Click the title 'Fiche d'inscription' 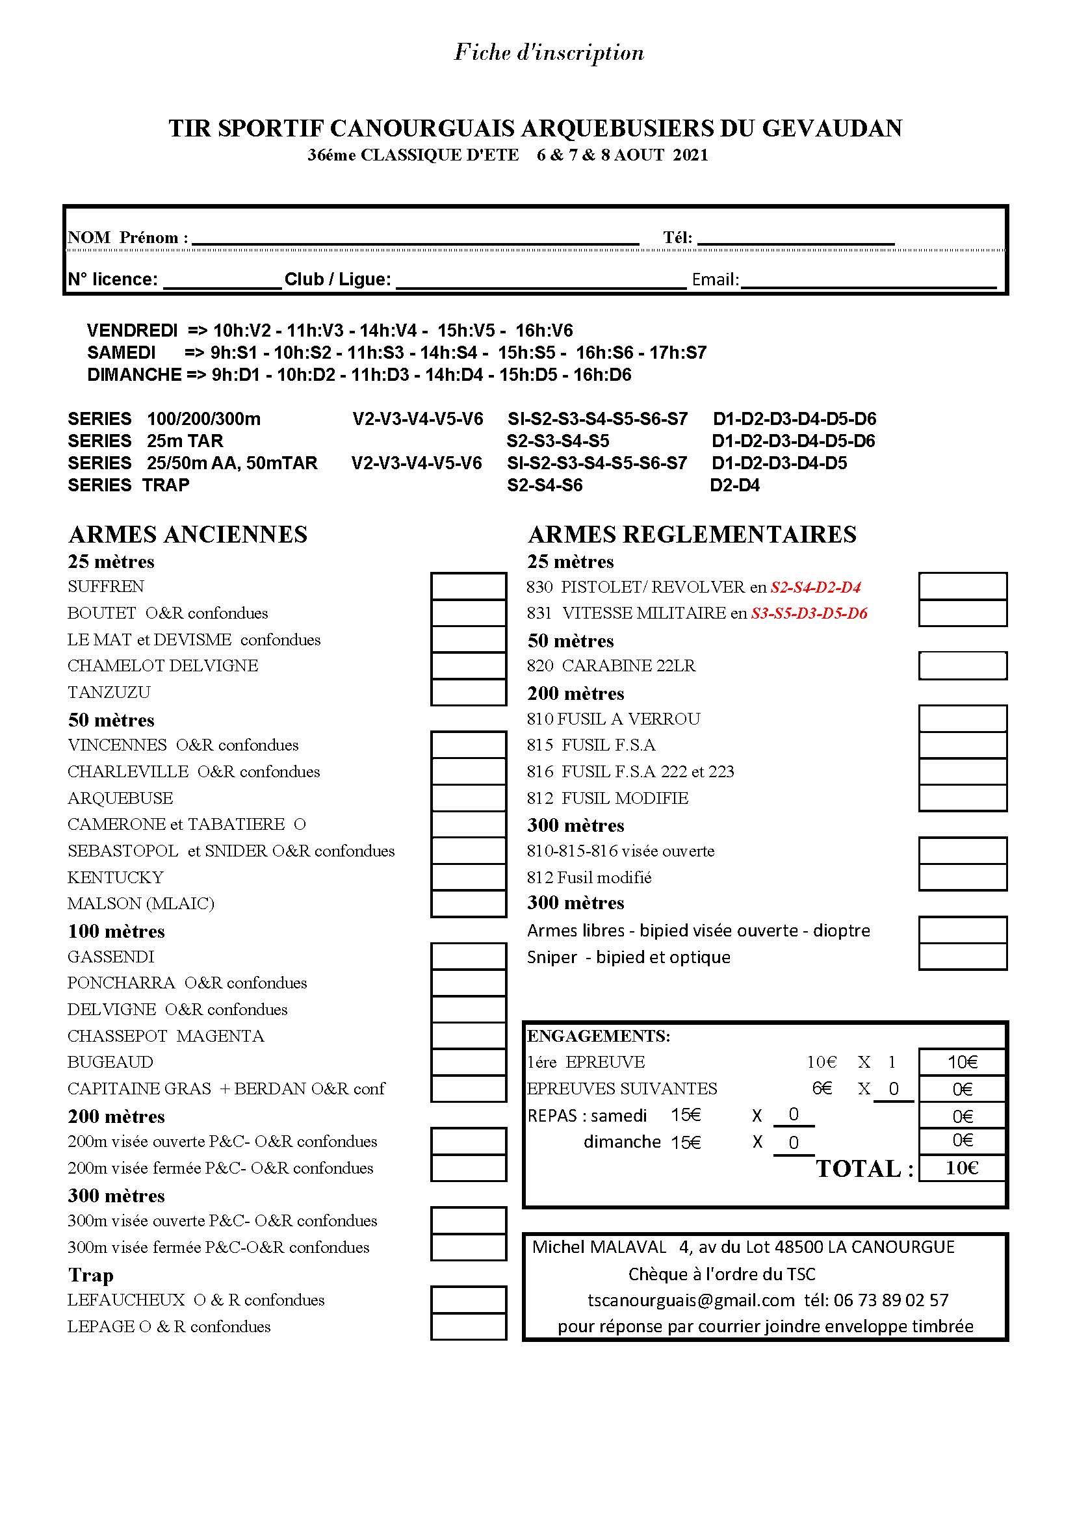coord(549,52)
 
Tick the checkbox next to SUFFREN coord(468,587)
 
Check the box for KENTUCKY coord(468,877)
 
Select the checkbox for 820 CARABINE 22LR coord(963,666)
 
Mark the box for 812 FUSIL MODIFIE coord(963,799)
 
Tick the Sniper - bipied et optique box coord(963,957)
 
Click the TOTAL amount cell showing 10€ coord(962,1168)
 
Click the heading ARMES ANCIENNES coord(187,534)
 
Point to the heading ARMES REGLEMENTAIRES coord(692,534)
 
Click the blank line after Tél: coord(796,238)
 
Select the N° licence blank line coord(222,281)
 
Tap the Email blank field coord(868,281)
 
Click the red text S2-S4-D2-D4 coord(816,587)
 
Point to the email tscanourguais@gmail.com coord(691,1300)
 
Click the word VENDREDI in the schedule coord(133,330)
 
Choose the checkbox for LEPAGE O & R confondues coord(468,1327)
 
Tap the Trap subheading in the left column coord(91,1274)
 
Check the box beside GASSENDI coord(468,957)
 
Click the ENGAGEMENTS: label coord(599,1036)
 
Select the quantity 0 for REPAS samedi coord(794,1115)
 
